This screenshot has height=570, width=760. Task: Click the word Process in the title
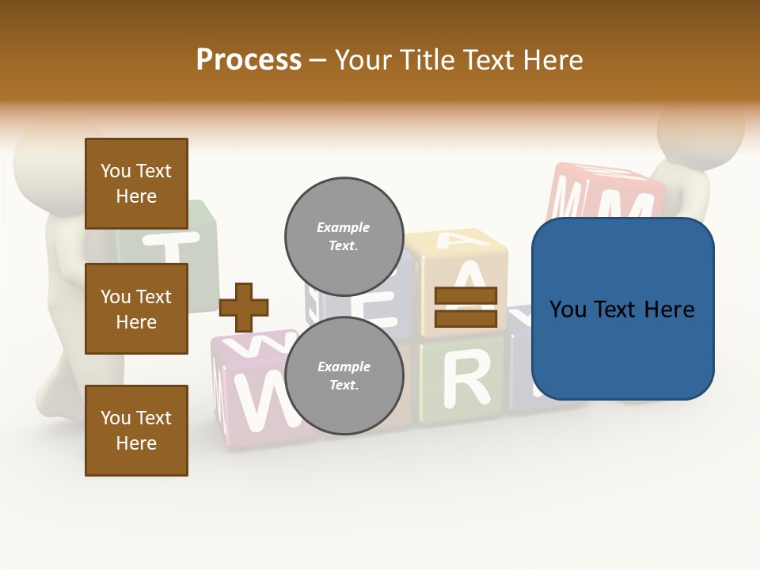click(249, 60)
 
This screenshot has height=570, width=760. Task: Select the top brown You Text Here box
click(136, 184)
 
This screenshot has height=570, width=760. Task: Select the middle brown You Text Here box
click(136, 309)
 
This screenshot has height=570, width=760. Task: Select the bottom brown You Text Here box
click(136, 431)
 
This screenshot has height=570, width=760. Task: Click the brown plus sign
click(244, 307)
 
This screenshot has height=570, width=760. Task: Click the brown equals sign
click(466, 307)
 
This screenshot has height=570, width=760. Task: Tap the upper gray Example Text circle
click(344, 236)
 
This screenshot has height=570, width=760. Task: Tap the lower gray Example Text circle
click(344, 375)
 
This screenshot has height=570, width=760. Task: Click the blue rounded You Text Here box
click(622, 309)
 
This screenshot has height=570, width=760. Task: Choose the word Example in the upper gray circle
click(344, 227)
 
